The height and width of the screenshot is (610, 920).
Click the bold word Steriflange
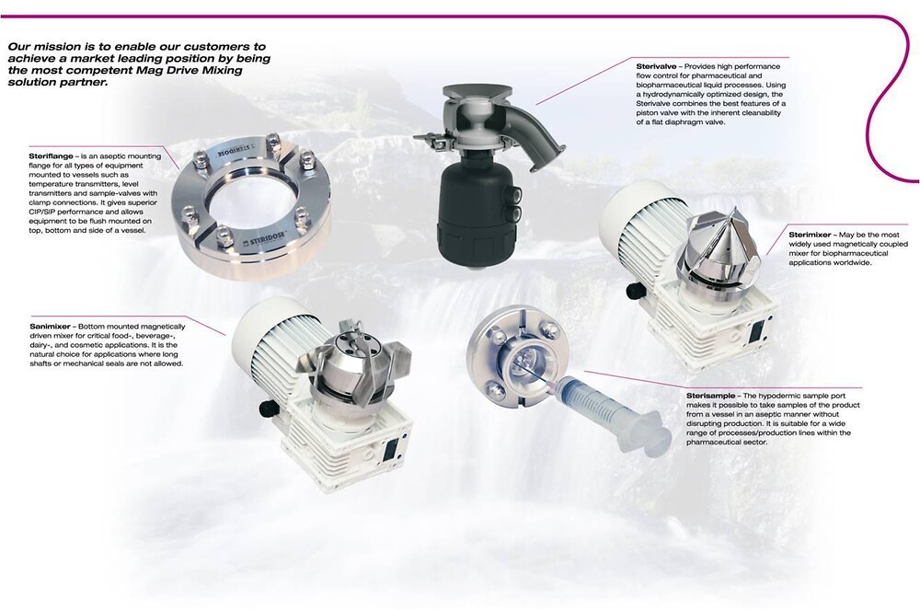[x=51, y=156]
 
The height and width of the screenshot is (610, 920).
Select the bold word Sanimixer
[x=50, y=326]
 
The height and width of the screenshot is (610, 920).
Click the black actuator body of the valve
[x=476, y=211]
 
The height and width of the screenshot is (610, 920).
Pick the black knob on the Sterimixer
[x=634, y=291]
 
